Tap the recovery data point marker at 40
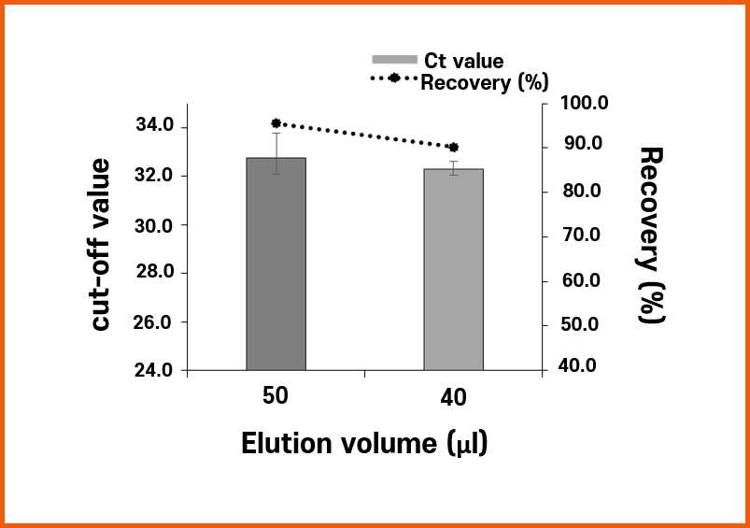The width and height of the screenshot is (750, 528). [454, 148]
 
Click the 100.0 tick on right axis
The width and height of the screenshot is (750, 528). [583, 103]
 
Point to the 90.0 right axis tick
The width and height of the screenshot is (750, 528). [579, 145]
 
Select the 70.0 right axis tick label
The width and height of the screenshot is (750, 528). [579, 235]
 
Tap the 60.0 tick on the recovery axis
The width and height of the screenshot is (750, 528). [579, 281]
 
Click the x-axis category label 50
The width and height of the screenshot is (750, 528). [275, 396]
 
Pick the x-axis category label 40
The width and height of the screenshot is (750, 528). [453, 399]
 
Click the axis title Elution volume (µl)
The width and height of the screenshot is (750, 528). [365, 443]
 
